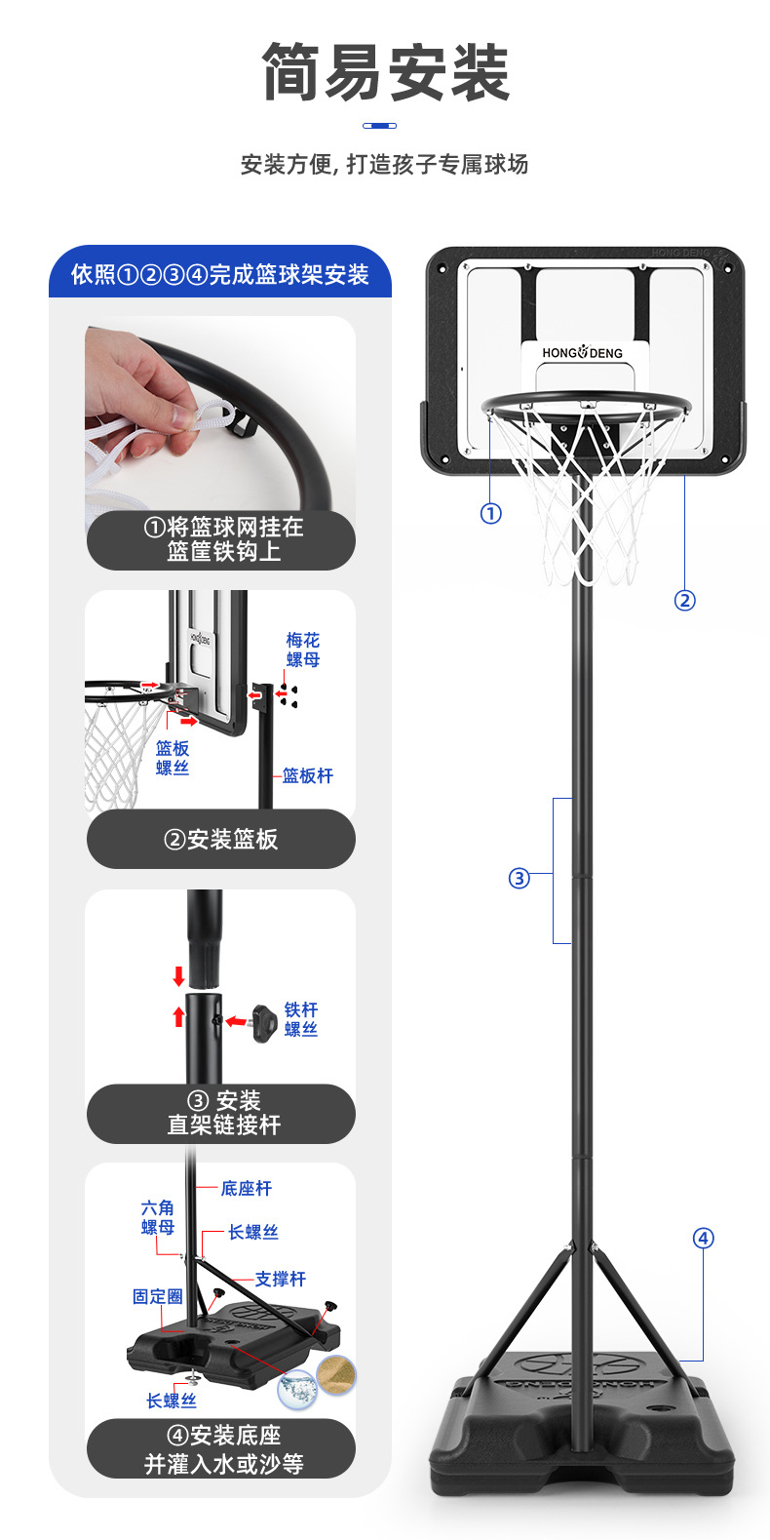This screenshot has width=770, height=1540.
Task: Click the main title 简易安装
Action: [x=386, y=73]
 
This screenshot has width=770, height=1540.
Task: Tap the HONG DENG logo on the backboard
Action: [x=582, y=353]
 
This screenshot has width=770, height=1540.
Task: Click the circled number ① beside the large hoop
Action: [x=491, y=513]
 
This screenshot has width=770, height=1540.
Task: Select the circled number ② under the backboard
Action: [x=685, y=600]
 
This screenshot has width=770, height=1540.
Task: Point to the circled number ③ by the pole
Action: [x=519, y=879]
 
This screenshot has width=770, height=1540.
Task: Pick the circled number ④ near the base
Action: [x=703, y=1239]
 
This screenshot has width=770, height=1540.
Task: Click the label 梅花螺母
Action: [x=302, y=650]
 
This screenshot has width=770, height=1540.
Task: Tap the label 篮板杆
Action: [x=308, y=775]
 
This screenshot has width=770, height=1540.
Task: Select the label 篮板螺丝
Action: [x=173, y=758]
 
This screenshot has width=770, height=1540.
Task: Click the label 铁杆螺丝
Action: [x=301, y=1019]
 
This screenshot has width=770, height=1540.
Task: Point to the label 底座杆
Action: [x=247, y=1188]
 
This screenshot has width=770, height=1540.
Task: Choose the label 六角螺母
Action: [x=158, y=1217]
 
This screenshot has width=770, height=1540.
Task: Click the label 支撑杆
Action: [x=281, y=1279]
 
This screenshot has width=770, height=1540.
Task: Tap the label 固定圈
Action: [x=158, y=1296]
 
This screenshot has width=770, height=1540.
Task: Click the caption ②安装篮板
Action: [x=221, y=840]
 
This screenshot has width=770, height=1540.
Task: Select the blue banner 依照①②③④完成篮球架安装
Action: [x=220, y=275]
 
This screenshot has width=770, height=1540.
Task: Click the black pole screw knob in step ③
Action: [x=265, y=1023]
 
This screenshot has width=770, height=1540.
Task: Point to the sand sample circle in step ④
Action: [x=336, y=1376]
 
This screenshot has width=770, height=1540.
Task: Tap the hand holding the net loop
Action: [x=136, y=390]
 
